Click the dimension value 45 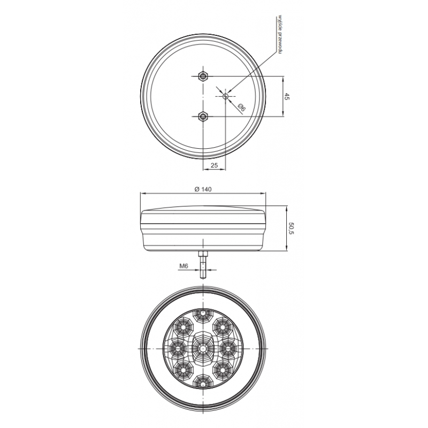click(286, 96)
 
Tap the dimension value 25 click(215, 165)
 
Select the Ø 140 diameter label click(203, 189)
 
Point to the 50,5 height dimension click(291, 228)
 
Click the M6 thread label click(184, 266)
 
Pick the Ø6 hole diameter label click(242, 108)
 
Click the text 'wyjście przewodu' click(279, 34)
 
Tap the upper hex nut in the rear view click(203, 76)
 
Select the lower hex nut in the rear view click(203, 117)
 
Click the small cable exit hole click(225, 96)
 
